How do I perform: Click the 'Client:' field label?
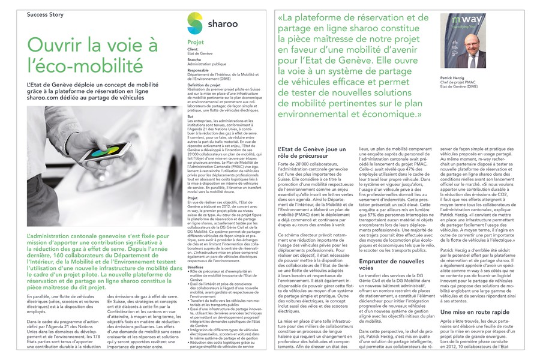[x=193, y=50]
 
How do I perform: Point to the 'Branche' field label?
[x=194, y=60]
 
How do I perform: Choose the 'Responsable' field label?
[x=197, y=70]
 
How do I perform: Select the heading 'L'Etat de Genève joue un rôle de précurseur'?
[x=312, y=153]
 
